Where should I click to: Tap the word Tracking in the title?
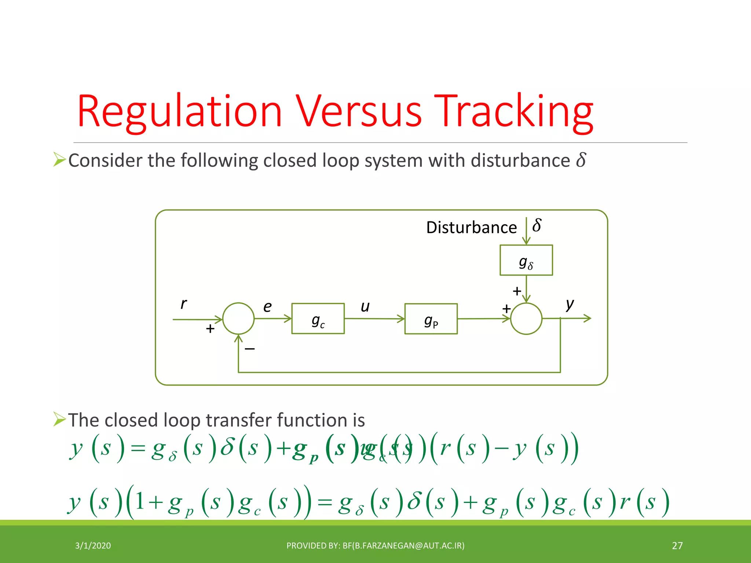click(x=513, y=112)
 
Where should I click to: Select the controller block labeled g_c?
click(x=318, y=319)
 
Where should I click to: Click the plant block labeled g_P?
click(x=431, y=319)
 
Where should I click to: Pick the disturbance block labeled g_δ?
click(x=526, y=260)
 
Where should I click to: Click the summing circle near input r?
click(x=238, y=319)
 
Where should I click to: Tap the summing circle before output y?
click(x=526, y=319)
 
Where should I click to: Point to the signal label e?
click(x=268, y=307)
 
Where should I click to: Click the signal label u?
click(x=365, y=307)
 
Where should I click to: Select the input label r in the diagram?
click(x=183, y=303)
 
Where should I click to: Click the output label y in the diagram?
click(x=569, y=304)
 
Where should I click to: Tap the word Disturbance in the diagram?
click(x=471, y=228)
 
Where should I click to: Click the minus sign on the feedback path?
click(x=250, y=349)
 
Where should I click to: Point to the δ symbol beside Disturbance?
click(x=537, y=225)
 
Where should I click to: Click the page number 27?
click(x=677, y=546)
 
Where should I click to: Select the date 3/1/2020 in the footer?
click(x=93, y=546)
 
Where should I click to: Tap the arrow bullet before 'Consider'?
click(x=59, y=159)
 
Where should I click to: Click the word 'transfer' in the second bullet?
click(x=238, y=420)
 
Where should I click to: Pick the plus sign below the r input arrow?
click(x=210, y=328)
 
